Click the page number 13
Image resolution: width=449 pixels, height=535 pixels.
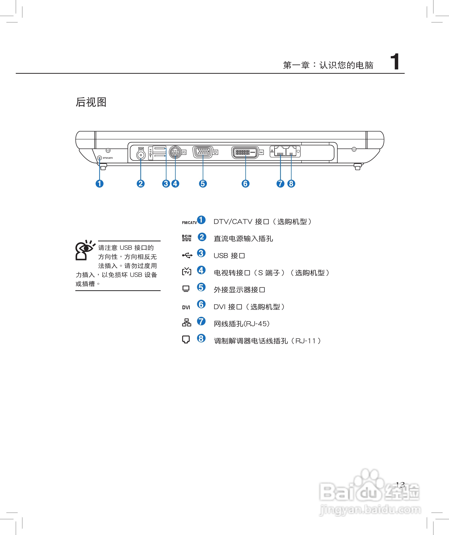[400, 485]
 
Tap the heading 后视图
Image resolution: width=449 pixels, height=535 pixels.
[91, 102]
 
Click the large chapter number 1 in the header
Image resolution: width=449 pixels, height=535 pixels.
[395, 62]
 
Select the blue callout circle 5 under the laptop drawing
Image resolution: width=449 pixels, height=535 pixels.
[203, 184]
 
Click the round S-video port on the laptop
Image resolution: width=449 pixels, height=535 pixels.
[175, 152]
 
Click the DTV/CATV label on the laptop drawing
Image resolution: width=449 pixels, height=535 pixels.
[108, 158]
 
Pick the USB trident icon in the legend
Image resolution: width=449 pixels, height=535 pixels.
[187, 255]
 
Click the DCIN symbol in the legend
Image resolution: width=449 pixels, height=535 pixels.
[187, 238]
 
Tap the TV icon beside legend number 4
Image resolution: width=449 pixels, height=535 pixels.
[187, 271]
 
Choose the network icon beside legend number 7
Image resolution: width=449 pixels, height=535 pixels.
[187, 322]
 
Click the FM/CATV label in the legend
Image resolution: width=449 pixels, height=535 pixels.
[189, 223]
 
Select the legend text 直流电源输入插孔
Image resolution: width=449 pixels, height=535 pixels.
[243, 239]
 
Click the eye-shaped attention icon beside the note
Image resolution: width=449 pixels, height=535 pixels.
[84, 250]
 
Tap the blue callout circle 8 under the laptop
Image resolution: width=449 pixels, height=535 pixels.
[291, 184]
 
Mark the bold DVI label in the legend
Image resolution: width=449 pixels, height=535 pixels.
[186, 307]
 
